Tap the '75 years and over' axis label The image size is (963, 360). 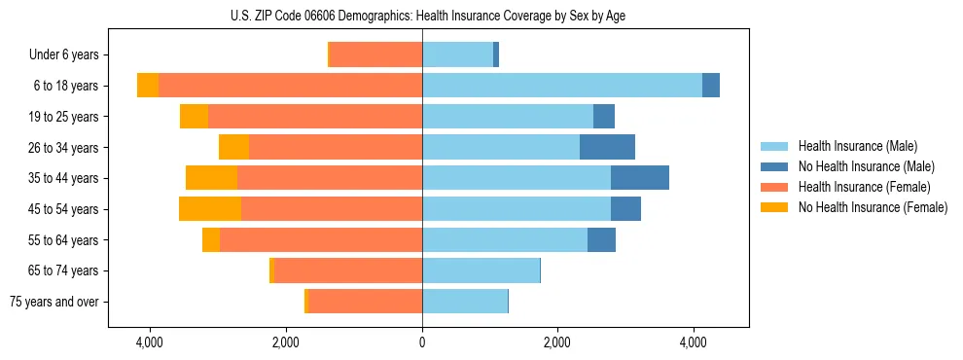(54, 302)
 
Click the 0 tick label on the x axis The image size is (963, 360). (422, 343)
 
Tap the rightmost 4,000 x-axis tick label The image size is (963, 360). (694, 343)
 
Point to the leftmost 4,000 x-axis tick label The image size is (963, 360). (150, 343)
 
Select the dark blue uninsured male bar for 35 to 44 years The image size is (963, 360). (640, 178)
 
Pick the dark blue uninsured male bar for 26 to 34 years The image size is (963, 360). (607, 147)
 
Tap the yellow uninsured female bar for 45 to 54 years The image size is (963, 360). (210, 209)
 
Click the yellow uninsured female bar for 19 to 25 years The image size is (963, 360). (194, 117)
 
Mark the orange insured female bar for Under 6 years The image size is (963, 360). (375, 55)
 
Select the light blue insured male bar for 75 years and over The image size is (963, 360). (465, 302)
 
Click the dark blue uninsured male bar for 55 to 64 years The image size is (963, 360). (601, 239)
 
